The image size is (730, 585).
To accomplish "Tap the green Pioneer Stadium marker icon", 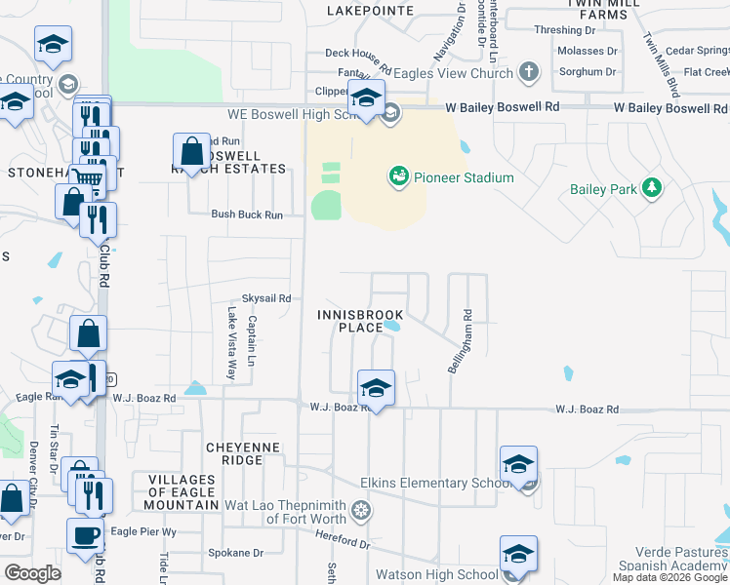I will pyautogui.click(x=398, y=176).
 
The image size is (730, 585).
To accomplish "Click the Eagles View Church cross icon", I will pyautogui.click(x=528, y=71).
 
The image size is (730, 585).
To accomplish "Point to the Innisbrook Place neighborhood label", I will pyautogui.click(x=347, y=321).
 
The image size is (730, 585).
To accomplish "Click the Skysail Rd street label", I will pyautogui.click(x=266, y=298).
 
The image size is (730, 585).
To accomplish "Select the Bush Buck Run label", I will pyautogui.click(x=247, y=214).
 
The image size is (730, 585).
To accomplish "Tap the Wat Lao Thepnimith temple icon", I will pyautogui.click(x=361, y=510).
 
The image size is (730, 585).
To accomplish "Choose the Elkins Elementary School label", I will pyautogui.click(x=434, y=483).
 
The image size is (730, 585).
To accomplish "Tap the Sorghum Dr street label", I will pyautogui.click(x=586, y=71).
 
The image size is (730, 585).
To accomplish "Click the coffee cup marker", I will pyautogui.click(x=86, y=536).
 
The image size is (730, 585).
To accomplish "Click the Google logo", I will pyautogui.click(x=33, y=573).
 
